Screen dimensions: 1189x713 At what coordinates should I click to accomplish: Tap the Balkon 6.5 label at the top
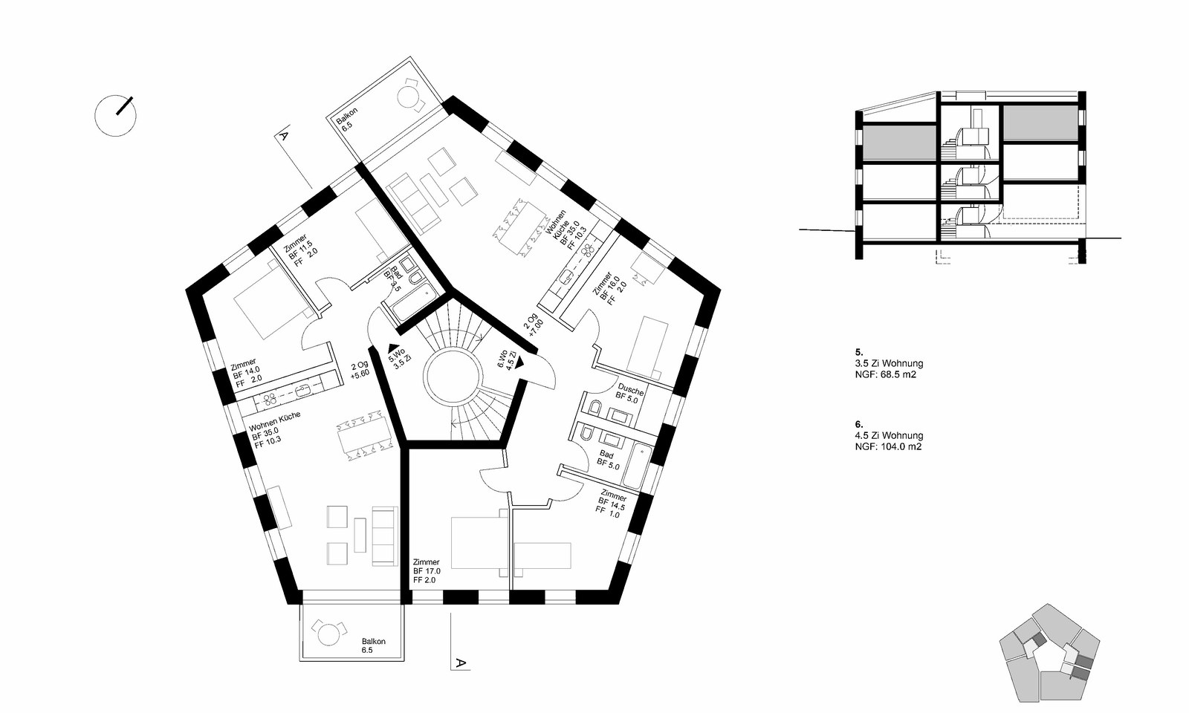[x=347, y=119]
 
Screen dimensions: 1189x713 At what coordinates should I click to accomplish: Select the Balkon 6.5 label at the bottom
[x=374, y=645]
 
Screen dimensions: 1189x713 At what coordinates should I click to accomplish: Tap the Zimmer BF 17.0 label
[x=427, y=571]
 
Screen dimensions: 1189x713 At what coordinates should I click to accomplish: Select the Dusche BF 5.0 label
[x=629, y=394]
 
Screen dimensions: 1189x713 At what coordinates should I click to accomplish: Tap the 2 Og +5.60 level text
[x=360, y=369]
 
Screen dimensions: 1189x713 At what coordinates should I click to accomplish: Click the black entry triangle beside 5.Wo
[x=394, y=345]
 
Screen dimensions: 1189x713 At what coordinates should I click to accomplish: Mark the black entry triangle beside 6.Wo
[x=519, y=363]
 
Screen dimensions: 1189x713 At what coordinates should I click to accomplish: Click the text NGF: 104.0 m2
[x=888, y=446]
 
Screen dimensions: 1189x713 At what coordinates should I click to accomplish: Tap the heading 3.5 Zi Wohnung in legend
[x=889, y=363]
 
